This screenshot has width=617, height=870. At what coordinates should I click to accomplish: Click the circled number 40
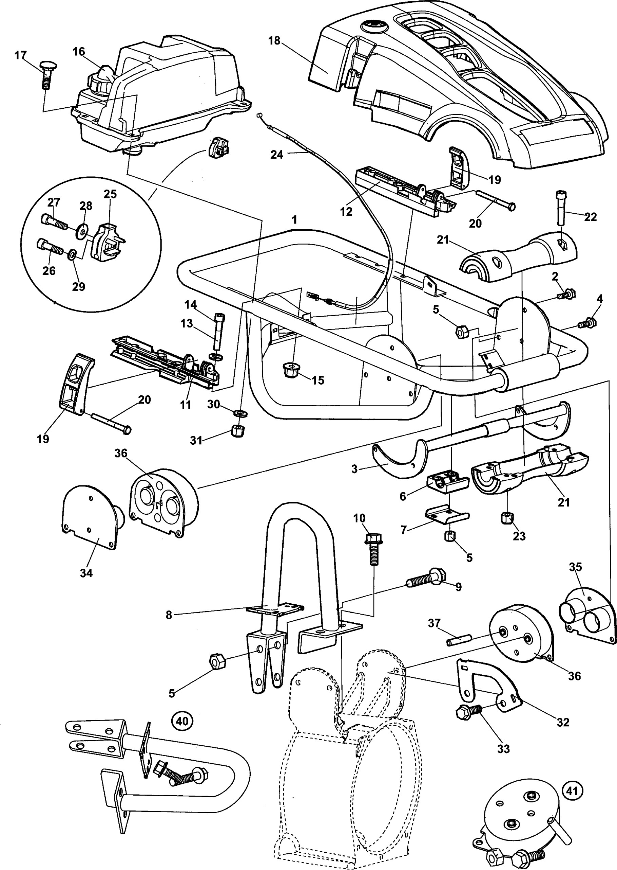182,721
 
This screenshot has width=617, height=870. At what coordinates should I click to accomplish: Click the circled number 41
572,791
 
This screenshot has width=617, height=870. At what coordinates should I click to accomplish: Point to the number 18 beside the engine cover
274,41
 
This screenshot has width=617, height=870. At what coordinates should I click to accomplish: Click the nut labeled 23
507,518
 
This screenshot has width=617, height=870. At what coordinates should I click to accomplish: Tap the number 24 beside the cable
276,155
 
